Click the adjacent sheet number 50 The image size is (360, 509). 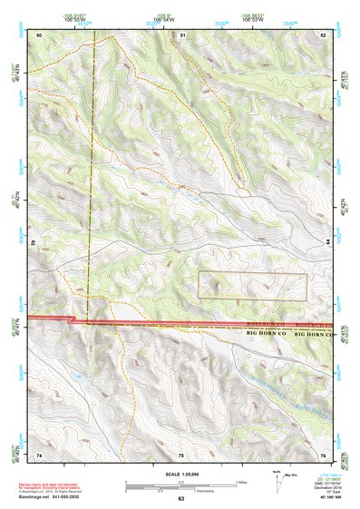click(x=39, y=34)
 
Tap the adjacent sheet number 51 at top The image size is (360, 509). click(x=182, y=34)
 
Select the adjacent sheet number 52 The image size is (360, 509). click(x=324, y=34)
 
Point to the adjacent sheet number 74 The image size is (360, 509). click(x=39, y=455)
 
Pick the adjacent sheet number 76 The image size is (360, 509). click(x=324, y=455)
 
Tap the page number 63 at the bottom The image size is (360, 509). click(x=180, y=499)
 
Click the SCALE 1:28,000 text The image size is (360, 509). click(x=180, y=474)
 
